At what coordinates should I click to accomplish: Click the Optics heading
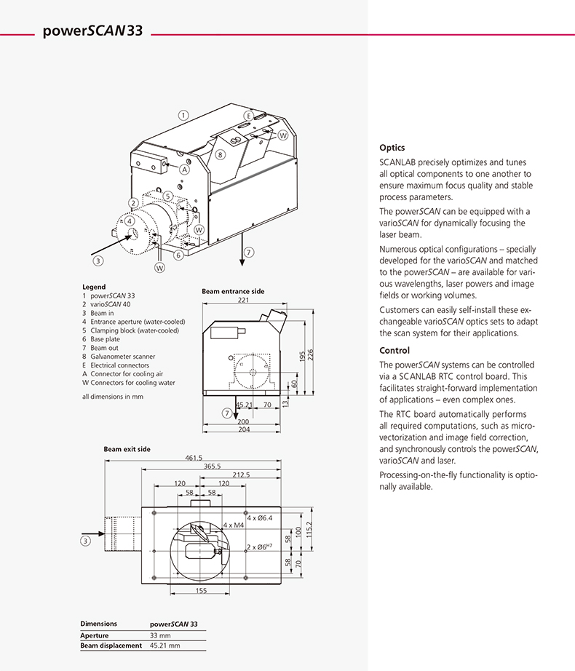(392, 147)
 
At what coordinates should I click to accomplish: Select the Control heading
(394, 351)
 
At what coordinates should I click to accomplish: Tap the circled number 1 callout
(184, 114)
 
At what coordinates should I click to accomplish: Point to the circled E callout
(247, 116)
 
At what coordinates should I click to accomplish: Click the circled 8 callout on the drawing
(221, 155)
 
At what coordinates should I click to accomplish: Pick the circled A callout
(185, 170)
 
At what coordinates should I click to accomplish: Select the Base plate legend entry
(110, 338)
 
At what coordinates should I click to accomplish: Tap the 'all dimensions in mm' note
(113, 397)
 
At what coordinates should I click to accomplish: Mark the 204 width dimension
(244, 429)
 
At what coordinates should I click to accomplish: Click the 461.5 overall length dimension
(194, 458)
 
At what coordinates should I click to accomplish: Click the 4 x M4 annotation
(234, 524)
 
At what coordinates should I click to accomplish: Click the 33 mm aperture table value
(161, 635)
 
